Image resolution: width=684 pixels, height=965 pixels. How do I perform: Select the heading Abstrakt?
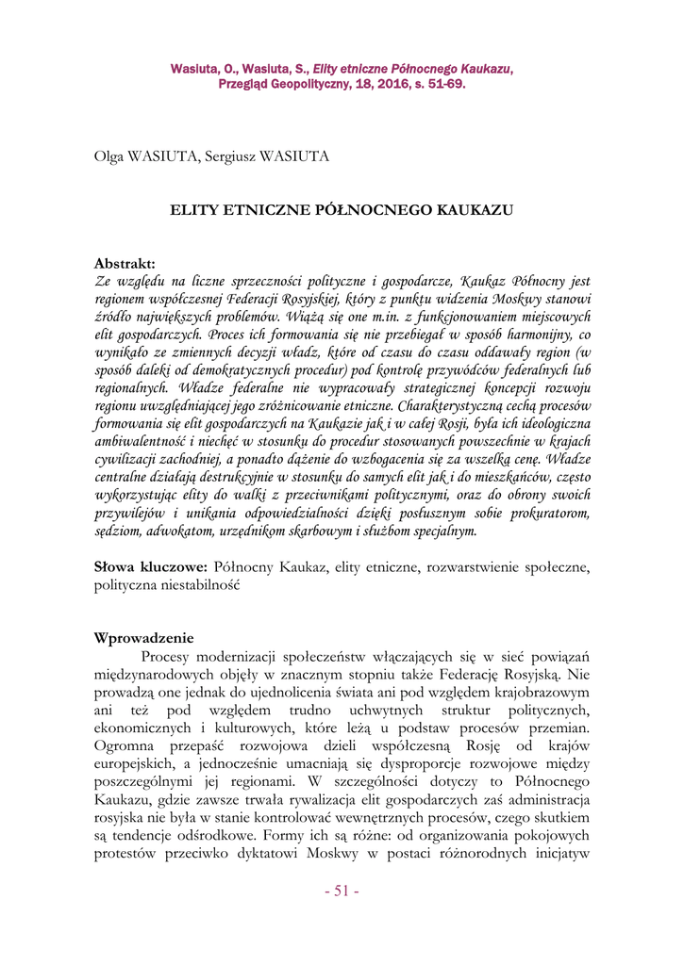point(125,263)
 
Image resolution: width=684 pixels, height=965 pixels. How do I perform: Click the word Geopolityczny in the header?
point(303,83)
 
